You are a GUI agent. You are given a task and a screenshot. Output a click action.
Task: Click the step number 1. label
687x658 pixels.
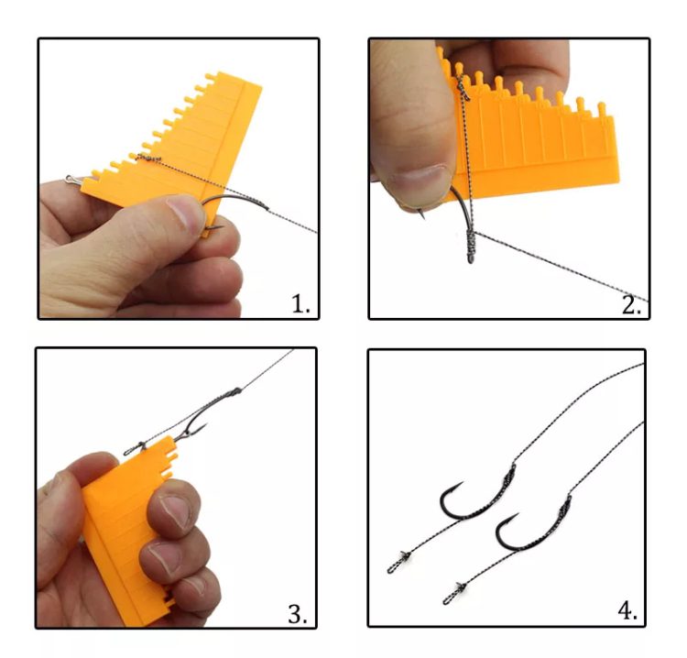point(300,303)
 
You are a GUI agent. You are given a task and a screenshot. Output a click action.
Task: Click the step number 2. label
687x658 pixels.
point(631,305)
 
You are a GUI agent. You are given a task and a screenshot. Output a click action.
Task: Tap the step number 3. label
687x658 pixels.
point(298,614)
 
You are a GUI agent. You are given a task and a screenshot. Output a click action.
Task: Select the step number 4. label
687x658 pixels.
point(627,610)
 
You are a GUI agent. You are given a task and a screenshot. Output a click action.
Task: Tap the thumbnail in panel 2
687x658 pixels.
point(420,181)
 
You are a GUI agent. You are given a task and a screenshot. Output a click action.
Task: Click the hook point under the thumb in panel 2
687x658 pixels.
point(422,214)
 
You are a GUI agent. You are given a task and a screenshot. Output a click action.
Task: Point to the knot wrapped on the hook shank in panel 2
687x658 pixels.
point(470,247)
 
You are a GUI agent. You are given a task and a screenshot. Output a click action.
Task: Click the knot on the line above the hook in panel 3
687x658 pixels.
point(234,391)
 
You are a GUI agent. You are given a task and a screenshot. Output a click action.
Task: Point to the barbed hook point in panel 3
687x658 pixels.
point(202,427)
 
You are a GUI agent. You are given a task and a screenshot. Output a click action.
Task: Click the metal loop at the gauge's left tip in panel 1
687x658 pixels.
point(72,180)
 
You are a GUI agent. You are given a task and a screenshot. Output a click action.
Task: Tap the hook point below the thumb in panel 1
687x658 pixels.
point(215,227)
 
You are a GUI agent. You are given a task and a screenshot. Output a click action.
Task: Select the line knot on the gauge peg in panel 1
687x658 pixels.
point(149,158)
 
